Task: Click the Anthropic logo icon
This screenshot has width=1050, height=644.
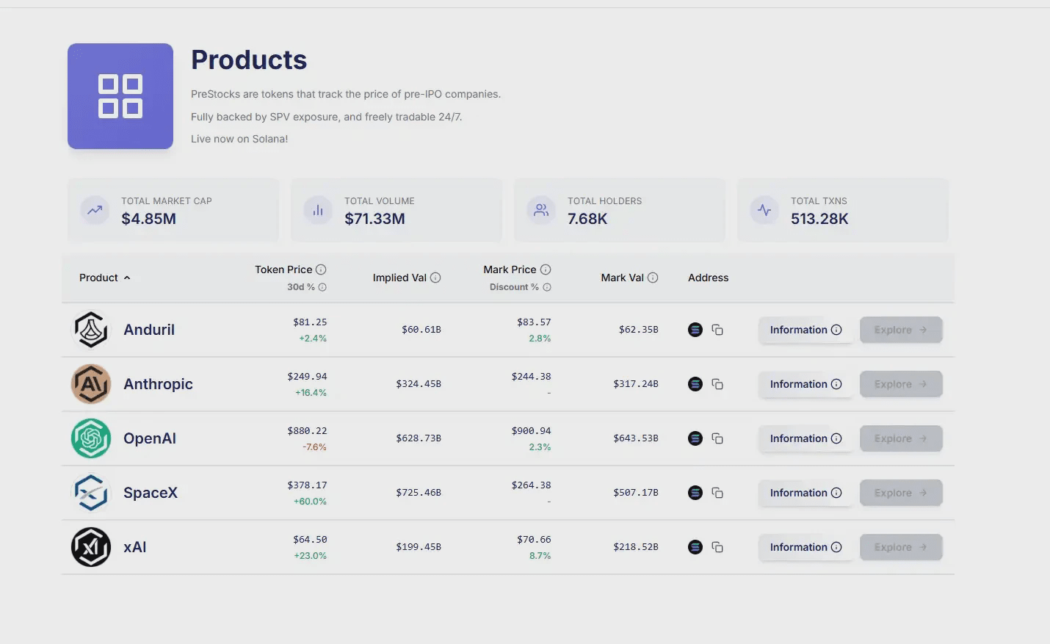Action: pyautogui.click(x=91, y=384)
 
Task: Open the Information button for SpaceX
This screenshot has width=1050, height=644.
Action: pyautogui.click(x=805, y=493)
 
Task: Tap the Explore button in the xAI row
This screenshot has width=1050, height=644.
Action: pyautogui.click(x=900, y=547)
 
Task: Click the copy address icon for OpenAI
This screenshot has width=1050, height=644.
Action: pyautogui.click(x=717, y=438)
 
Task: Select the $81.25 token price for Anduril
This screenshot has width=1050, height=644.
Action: pyautogui.click(x=310, y=322)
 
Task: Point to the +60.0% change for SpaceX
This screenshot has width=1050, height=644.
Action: pyautogui.click(x=310, y=502)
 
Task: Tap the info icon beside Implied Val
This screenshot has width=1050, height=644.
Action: pyautogui.click(x=435, y=278)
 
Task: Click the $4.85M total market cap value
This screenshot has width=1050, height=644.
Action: pyautogui.click(x=148, y=219)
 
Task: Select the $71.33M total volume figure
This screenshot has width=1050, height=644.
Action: pyautogui.click(x=374, y=219)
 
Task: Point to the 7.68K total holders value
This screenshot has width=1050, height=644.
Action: pyautogui.click(x=587, y=219)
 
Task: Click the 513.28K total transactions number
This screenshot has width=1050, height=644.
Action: pyautogui.click(x=819, y=219)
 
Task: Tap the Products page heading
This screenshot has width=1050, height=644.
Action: pyautogui.click(x=249, y=60)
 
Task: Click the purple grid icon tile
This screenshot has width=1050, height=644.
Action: pyautogui.click(x=120, y=96)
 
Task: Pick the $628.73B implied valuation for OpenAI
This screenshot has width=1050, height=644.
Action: pyautogui.click(x=419, y=438)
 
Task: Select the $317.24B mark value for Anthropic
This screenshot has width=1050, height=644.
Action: pyautogui.click(x=636, y=384)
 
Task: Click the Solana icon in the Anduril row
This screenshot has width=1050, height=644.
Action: pyautogui.click(x=695, y=330)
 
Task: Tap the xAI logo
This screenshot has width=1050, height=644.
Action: pyautogui.click(x=91, y=547)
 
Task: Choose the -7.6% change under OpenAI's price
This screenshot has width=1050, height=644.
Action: pyautogui.click(x=314, y=447)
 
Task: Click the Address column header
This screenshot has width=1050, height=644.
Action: pyautogui.click(x=708, y=278)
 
